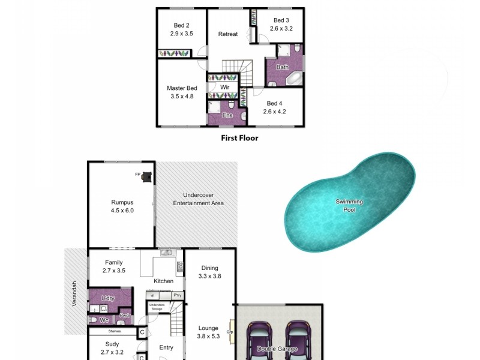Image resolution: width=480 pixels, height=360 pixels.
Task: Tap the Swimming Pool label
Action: (349, 206)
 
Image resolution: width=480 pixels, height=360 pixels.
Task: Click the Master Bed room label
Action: (182, 88)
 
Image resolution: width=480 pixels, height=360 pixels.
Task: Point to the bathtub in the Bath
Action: (294, 79)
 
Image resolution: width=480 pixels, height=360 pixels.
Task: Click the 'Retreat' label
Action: (228, 34)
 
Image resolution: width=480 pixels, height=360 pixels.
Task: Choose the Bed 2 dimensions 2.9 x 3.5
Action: (182, 34)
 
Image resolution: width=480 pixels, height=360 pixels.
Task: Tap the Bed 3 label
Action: (281, 20)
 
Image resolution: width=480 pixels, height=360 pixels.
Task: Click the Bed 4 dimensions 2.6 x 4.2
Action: (275, 111)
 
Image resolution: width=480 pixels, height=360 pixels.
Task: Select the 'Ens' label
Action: (227, 115)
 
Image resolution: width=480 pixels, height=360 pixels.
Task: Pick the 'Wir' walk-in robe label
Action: (225, 87)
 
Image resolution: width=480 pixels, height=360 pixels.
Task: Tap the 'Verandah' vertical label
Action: (75, 295)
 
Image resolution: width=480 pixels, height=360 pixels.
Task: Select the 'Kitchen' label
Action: (164, 281)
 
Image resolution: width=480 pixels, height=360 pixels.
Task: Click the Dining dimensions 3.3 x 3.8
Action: (210, 277)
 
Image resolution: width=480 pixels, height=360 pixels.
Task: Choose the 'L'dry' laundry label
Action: (108, 298)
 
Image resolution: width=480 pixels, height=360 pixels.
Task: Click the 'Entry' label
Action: (166, 347)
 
